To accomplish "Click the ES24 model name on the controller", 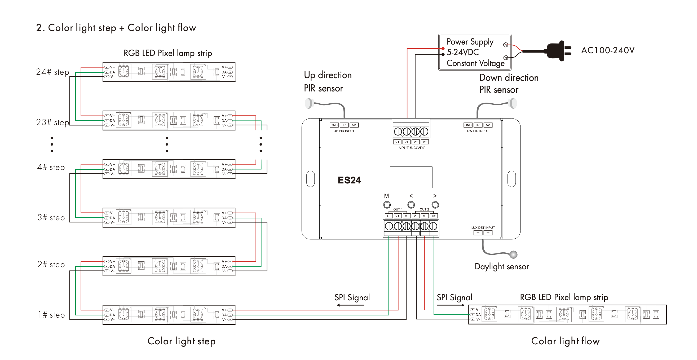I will [349, 180].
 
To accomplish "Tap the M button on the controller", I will [387, 205].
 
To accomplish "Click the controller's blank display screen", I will [411, 177].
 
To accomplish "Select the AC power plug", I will [557, 51].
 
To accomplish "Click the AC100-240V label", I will [608, 51].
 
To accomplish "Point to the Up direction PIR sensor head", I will [309, 103].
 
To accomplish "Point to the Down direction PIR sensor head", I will [513, 103].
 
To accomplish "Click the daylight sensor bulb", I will [513, 254].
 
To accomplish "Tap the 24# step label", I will [53, 72].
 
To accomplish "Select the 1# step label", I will [51, 315].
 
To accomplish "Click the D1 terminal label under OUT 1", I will [389, 216].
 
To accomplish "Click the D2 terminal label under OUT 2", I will [434, 216].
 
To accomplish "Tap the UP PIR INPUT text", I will [344, 131].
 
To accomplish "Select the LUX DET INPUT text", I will [483, 228].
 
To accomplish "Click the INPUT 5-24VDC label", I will [411, 148].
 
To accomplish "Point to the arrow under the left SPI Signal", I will [350, 305].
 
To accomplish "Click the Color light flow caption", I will [566, 341].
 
